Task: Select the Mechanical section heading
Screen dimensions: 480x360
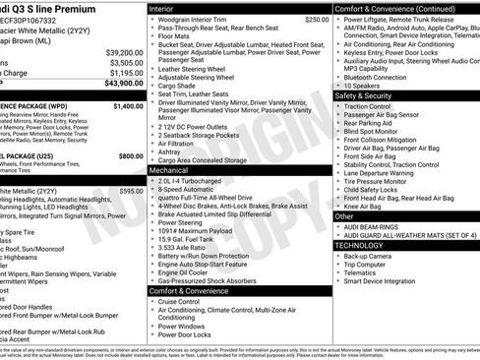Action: coord(170,169)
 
